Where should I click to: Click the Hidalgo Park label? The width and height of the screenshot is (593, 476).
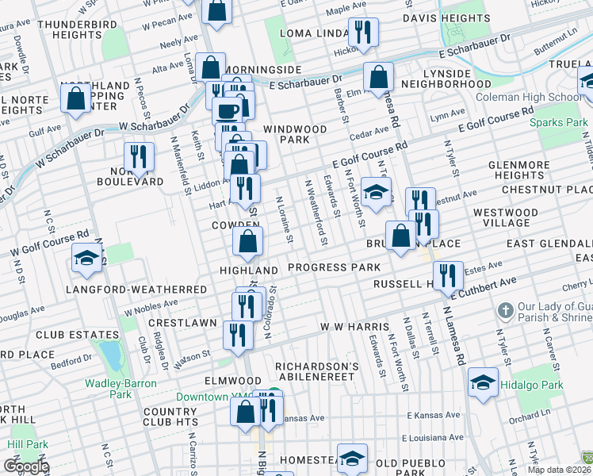[541, 385]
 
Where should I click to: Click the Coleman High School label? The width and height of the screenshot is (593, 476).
[529, 98]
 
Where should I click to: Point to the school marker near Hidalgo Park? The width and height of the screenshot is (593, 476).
[483, 382]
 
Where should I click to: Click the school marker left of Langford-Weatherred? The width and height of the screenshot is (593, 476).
[87, 257]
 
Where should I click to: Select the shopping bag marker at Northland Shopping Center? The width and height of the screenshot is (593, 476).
[76, 98]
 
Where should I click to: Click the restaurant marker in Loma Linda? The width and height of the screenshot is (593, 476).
[364, 32]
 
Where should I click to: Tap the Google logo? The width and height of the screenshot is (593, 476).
[26, 466]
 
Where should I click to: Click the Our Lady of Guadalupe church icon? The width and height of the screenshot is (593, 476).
[506, 309]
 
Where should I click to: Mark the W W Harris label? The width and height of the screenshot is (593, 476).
[354, 327]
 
